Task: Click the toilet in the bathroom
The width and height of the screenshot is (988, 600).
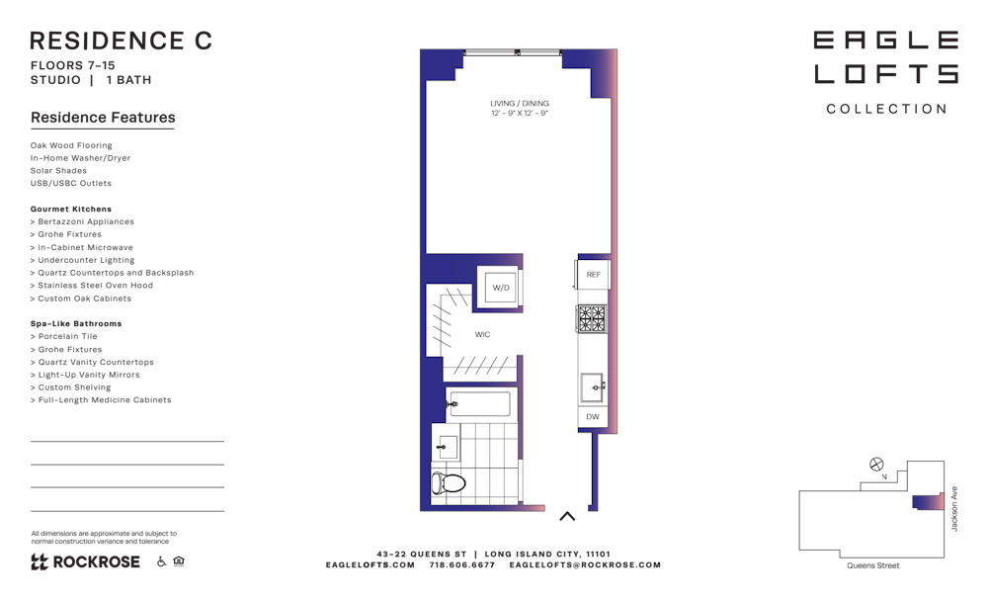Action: click(x=448, y=483)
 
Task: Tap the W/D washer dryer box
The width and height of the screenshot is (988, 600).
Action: click(x=500, y=288)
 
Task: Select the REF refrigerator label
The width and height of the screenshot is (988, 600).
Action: click(x=594, y=275)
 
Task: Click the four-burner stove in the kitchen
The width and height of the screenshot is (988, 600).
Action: click(x=592, y=318)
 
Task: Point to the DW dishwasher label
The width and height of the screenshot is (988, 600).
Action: click(x=593, y=416)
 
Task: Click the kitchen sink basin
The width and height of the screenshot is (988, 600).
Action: click(x=592, y=386)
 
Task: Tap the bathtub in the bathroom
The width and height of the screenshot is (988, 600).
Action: click(x=478, y=404)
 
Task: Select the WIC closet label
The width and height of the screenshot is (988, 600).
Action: click(x=483, y=335)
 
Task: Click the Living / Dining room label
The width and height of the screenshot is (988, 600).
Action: click(x=520, y=108)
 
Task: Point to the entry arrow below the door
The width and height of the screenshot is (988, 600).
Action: click(x=567, y=516)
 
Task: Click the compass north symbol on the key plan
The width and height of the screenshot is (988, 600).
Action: click(x=876, y=465)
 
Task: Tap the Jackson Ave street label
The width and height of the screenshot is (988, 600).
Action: click(x=954, y=509)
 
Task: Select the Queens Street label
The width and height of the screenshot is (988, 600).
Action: click(x=873, y=565)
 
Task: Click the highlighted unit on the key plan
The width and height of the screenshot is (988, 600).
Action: click(x=928, y=502)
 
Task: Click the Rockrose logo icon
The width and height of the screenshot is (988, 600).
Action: click(x=40, y=561)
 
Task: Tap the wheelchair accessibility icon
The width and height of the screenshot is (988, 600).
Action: click(x=161, y=560)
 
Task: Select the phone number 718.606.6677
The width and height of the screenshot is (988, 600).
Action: click(x=462, y=564)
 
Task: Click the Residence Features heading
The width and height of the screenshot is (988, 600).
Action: click(x=103, y=118)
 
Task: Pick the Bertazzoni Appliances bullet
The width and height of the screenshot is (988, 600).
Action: click(x=83, y=221)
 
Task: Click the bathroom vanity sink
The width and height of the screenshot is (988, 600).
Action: click(x=447, y=446)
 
